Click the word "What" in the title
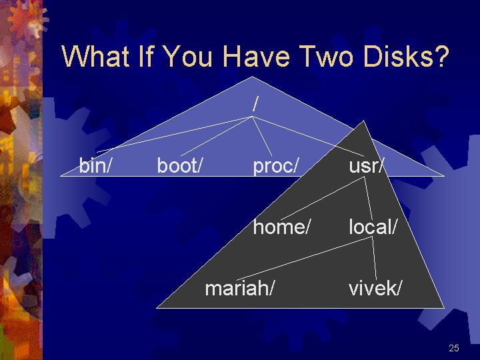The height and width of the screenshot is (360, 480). click(x=95, y=56)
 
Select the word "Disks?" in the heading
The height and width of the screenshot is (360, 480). click(x=406, y=56)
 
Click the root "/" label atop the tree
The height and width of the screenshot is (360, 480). click(x=255, y=103)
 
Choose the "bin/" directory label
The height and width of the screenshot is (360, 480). click(x=95, y=165)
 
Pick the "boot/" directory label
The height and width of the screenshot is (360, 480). click(x=180, y=165)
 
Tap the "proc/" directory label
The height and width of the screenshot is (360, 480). click(x=275, y=166)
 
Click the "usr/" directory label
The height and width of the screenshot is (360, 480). click(x=366, y=165)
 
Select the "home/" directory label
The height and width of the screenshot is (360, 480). click(x=281, y=227)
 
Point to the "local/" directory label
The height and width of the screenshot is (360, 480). click(x=373, y=227)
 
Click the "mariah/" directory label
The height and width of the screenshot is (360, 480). click(x=239, y=288)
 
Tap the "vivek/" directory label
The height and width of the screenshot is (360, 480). click(x=375, y=288)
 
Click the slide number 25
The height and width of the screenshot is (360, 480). click(x=454, y=348)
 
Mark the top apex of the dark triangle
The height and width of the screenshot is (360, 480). click(x=363, y=121)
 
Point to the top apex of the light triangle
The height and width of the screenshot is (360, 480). click(x=252, y=77)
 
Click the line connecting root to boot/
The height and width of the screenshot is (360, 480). click(x=217, y=136)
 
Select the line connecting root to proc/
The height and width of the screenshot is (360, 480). click(x=262, y=136)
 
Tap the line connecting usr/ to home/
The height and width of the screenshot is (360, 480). click(x=322, y=199)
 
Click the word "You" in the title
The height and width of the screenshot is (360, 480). click(x=188, y=56)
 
